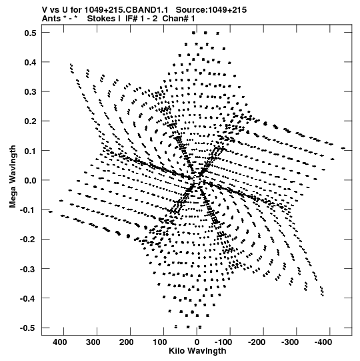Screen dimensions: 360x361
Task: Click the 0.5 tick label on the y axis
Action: click(31, 33)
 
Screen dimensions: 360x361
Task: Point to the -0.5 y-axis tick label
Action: click(28, 328)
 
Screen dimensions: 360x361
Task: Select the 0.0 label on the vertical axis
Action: click(31, 180)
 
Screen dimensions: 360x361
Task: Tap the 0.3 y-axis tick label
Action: click(31, 92)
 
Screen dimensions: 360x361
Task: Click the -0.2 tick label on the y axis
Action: click(28, 240)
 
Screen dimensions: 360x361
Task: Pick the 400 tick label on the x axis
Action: click(61, 342)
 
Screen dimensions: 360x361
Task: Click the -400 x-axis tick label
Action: click(323, 342)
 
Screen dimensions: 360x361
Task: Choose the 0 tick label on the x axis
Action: click(197, 342)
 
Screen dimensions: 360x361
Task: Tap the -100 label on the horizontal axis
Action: click(223, 342)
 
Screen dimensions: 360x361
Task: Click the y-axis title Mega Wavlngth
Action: click(13, 177)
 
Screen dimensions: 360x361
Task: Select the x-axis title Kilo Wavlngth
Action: click(197, 351)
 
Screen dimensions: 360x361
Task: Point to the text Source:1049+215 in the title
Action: click(211, 10)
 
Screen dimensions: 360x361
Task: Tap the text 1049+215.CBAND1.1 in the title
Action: click(126, 10)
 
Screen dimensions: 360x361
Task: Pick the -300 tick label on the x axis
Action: click(290, 342)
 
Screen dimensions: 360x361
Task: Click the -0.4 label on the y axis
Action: click(28, 298)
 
